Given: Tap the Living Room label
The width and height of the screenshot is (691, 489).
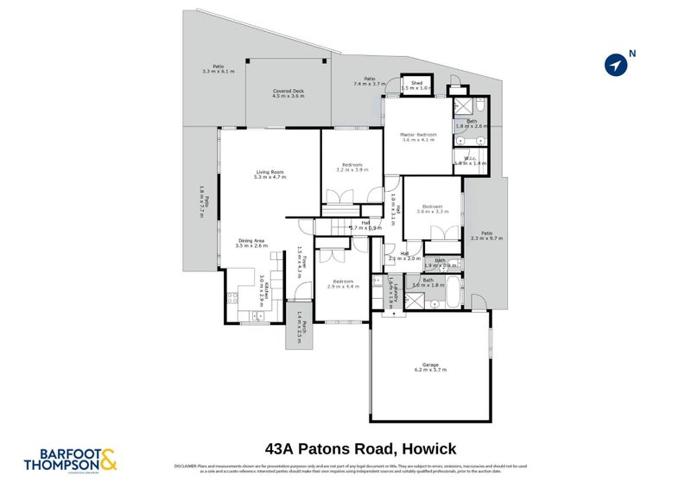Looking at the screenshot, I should (269, 174).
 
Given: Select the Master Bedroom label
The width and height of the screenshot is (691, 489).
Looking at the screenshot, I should (418, 137).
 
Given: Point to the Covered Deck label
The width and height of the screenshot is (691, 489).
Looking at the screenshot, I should (288, 93).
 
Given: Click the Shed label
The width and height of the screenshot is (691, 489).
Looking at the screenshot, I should (416, 85).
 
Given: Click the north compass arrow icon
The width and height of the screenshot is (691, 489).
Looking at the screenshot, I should (615, 65).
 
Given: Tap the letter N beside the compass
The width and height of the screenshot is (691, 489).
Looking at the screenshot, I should (632, 54).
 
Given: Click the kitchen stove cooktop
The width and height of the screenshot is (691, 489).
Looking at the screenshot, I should (231, 299).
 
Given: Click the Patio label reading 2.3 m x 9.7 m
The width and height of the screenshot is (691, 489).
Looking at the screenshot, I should (486, 235).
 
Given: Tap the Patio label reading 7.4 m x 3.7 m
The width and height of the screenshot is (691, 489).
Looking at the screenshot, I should (370, 80).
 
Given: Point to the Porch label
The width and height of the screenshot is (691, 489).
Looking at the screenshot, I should (299, 327).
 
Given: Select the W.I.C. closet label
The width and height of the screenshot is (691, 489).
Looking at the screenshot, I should (470, 161).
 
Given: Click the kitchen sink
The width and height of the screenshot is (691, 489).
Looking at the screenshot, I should (257, 318).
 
